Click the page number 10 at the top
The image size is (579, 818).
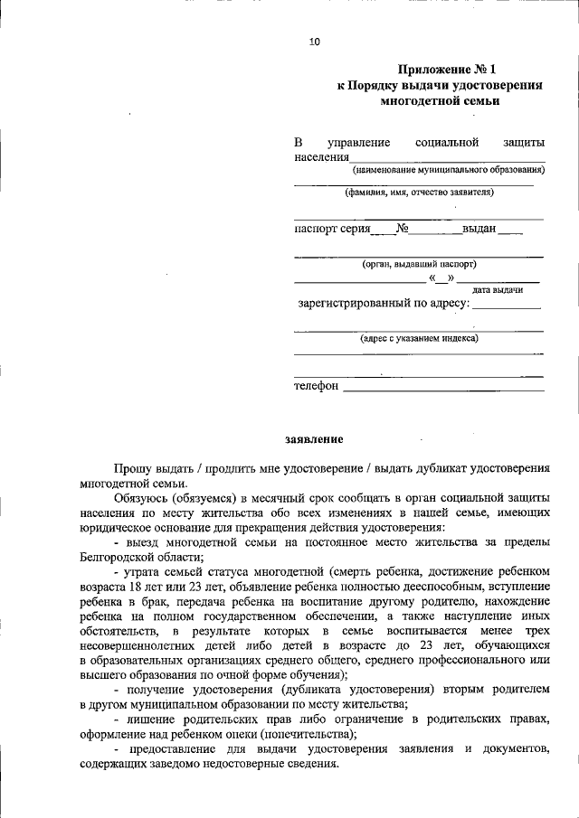[x=314, y=42]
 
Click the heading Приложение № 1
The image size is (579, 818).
[x=448, y=69]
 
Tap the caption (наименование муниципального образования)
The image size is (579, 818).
[x=448, y=169]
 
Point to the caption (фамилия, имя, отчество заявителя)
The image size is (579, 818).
[x=419, y=193]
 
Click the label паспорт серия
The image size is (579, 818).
[x=332, y=229]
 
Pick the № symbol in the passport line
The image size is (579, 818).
[x=403, y=229]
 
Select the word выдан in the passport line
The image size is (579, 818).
[x=479, y=229]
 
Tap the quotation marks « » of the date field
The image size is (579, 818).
[x=441, y=277]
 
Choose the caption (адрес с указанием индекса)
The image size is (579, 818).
[x=419, y=338]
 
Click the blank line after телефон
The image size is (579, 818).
[x=443, y=388]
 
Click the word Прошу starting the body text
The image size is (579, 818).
[x=132, y=469]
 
